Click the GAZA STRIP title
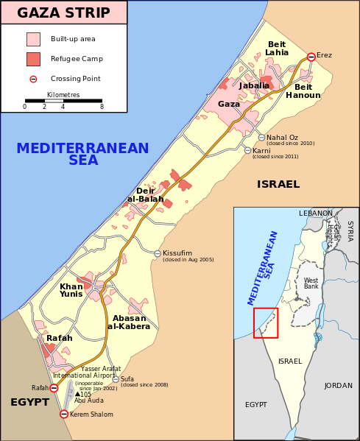pos(63,13)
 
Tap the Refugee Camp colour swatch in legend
pos(33,59)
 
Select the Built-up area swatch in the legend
pos(33,39)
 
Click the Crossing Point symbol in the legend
pos(33,79)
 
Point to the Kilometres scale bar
pos(63,100)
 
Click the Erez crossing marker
pos(311,57)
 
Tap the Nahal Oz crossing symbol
pos(261,138)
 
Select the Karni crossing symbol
pos(247,150)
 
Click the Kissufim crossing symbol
pos(158,253)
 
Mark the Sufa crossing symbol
pos(116,379)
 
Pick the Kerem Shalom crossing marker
pos(64,414)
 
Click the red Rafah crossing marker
pos(54,388)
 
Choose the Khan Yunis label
pos(71,290)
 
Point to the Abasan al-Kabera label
pos(129,322)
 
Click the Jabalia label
pos(254,86)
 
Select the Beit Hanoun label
pos(303,91)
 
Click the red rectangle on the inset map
pos(266,323)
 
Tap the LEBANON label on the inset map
pos(315,214)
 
